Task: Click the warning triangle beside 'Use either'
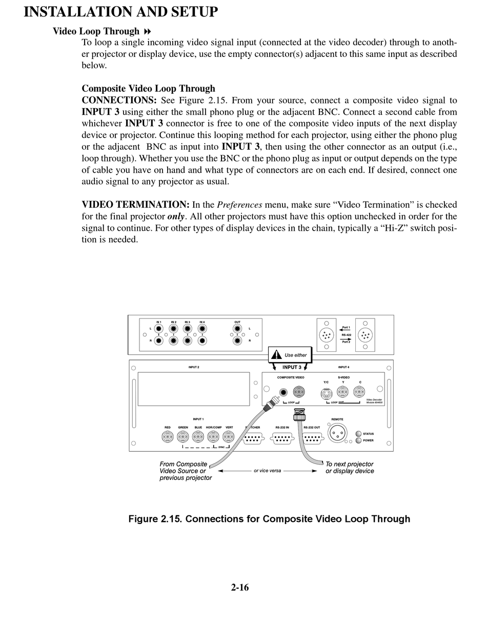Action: coord(277,354)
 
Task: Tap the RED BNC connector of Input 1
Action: coord(167,437)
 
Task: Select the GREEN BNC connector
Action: coord(182,437)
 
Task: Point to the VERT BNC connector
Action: coord(228,437)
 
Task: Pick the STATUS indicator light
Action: coord(358,434)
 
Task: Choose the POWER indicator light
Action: coord(358,440)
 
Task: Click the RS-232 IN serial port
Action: coord(282,438)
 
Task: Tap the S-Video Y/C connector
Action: coord(326,394)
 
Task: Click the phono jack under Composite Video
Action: coord(283,393)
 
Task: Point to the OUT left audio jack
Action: coord(237,329)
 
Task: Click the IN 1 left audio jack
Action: coord(159,329)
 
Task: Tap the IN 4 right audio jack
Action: coord(202,340)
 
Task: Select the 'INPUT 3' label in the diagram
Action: coord(292,367)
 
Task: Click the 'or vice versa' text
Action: coord(268,471)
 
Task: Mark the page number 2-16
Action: coord(240,588)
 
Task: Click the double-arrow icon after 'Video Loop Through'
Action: coord(148,31)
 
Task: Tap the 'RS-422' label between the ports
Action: coord(346,334)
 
